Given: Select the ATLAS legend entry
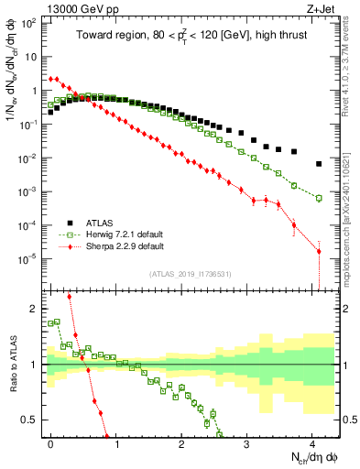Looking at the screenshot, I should click(x=101, y=222).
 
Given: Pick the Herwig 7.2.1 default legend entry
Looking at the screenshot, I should click(x=125, y=234).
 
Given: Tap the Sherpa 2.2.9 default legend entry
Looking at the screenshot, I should click(x=125, y=246).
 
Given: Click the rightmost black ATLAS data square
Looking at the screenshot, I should click(x=318, y=164).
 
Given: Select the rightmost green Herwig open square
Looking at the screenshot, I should click(x=318, y=198).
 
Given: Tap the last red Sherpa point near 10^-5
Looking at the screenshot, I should click(x=318, y=251).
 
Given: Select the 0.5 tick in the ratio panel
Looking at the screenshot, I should click(x=32, y=420).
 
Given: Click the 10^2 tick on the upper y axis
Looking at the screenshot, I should click(x=31, y=23).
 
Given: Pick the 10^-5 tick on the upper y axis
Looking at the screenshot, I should click(x=31, y=258).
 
